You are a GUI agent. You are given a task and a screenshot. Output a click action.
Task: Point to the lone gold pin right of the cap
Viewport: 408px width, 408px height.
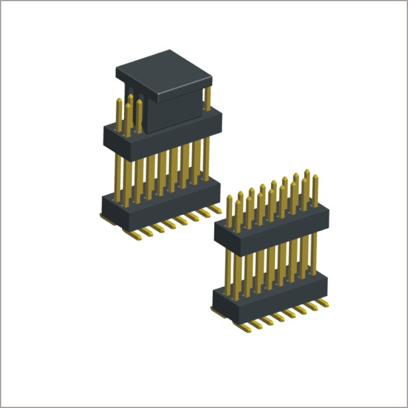(x=207, y=99)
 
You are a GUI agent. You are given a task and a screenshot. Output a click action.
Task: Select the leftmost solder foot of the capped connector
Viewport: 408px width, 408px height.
(x=104, y=218)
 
